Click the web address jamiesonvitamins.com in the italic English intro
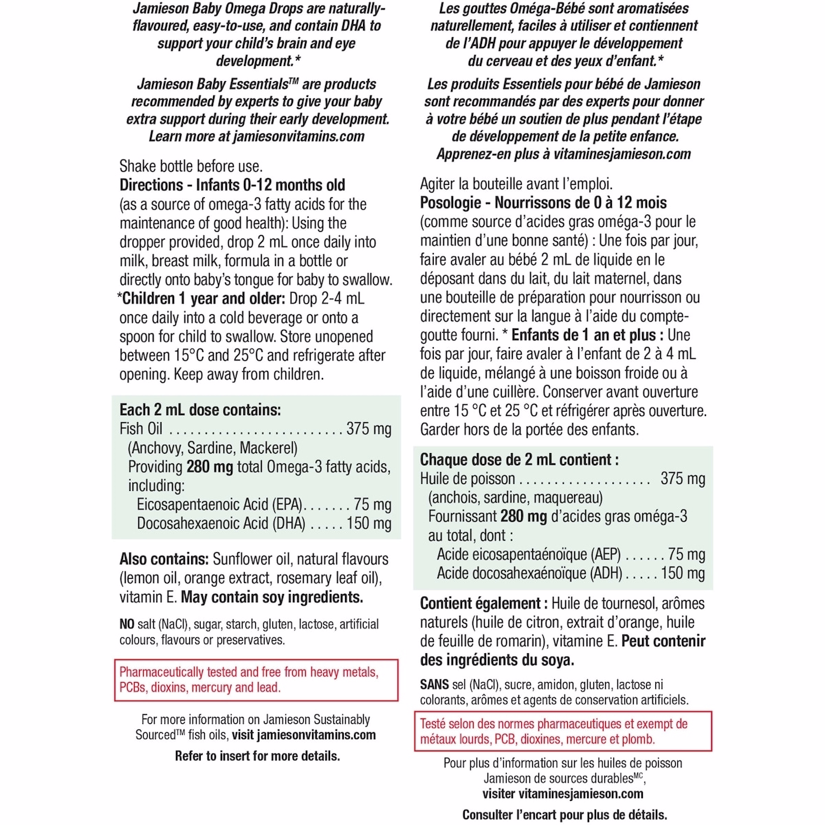click(x=298, y=136)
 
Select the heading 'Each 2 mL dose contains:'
click(x=200, y=410)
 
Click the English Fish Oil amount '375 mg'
click(x=368, y=429)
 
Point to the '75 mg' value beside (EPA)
click(x=372, y=505)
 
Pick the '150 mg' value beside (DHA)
click(x=368, y=523)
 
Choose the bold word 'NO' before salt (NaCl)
click(x=127, y=624)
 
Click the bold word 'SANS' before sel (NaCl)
click(x=435, y=685)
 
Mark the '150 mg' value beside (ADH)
click(x=683, y=573)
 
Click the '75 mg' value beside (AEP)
click(x=686, y=555)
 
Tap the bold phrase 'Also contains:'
click(x=164, y=560)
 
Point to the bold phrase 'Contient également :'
click(x=484, y=604)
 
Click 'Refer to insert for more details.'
click(x=257, y=756)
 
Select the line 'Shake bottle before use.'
click(x=191, y=166)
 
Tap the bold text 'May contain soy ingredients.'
click(x=272, y=597)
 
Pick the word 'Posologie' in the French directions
click(x=450, y=203)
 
